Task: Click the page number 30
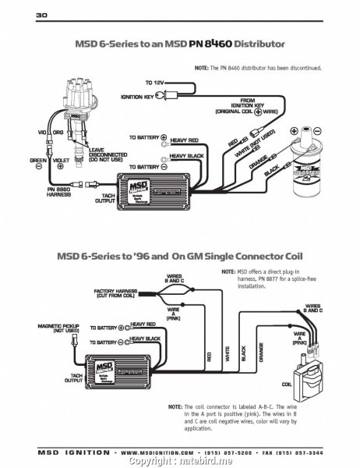[x=20, y=16]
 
